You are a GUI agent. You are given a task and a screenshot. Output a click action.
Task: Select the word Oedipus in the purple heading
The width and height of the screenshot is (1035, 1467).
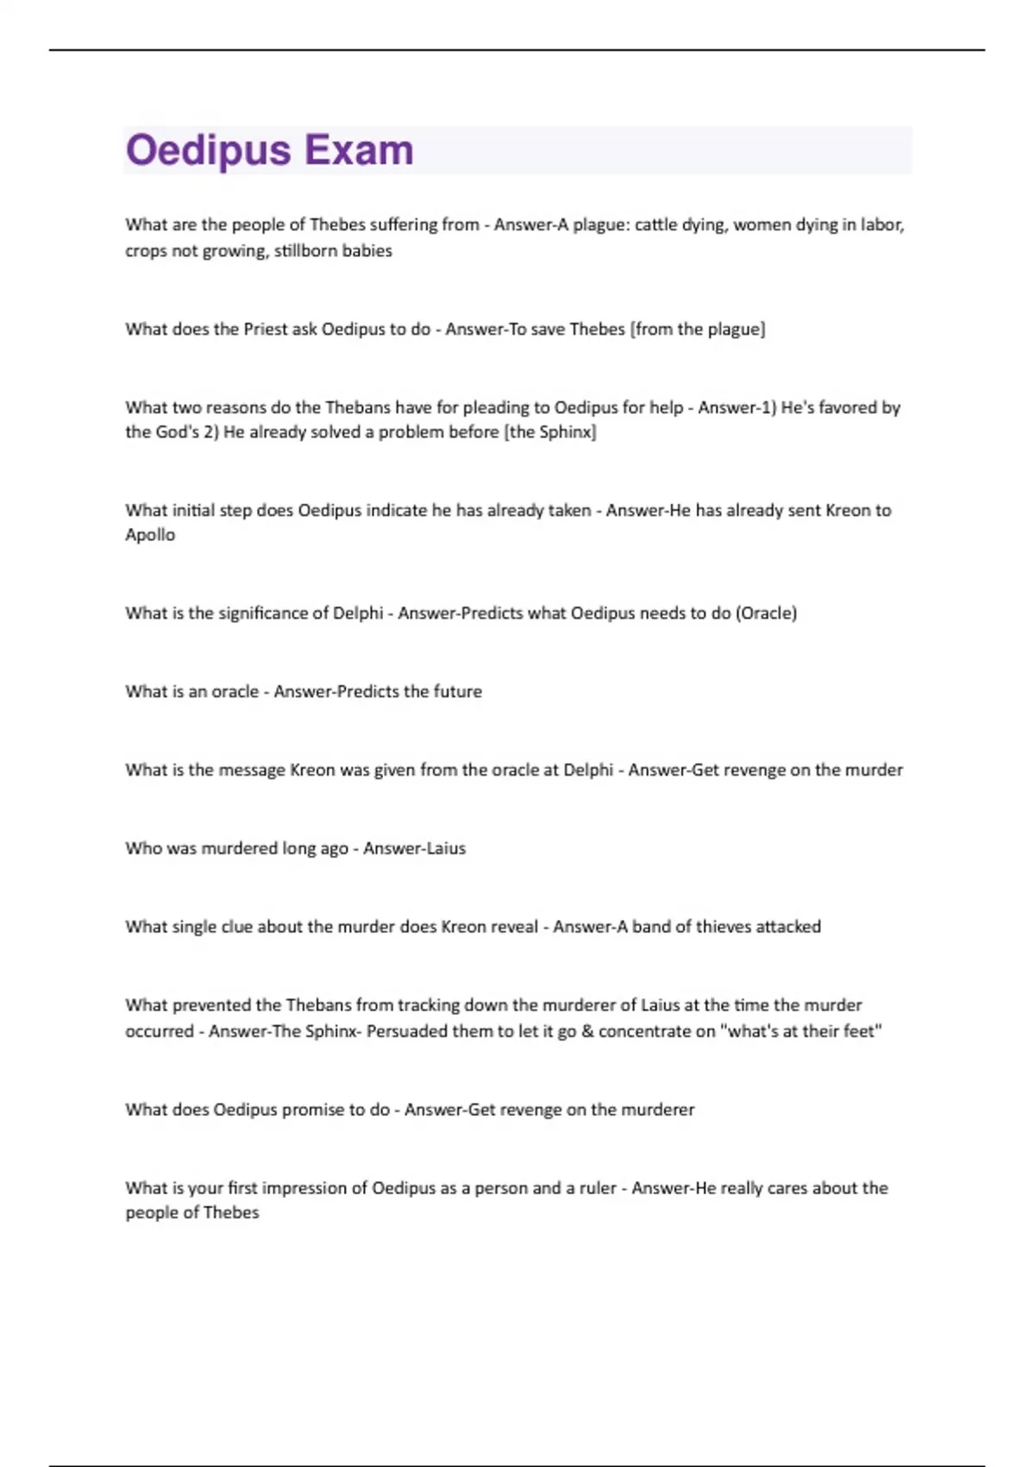point(209,150)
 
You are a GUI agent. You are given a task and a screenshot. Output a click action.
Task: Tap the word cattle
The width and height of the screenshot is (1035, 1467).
point(656,225)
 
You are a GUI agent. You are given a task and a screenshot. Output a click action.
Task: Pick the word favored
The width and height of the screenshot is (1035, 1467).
point(845,407)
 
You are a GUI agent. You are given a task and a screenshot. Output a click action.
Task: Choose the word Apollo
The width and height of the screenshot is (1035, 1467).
point(150,535)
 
